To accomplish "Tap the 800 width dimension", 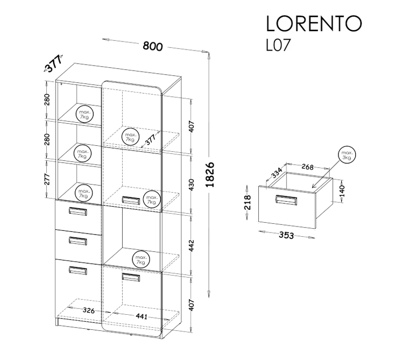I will coord(153,46).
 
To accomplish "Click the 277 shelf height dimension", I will coord(47,179).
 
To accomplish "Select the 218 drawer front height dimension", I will coord(248,202).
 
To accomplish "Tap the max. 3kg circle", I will coord(347,155).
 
